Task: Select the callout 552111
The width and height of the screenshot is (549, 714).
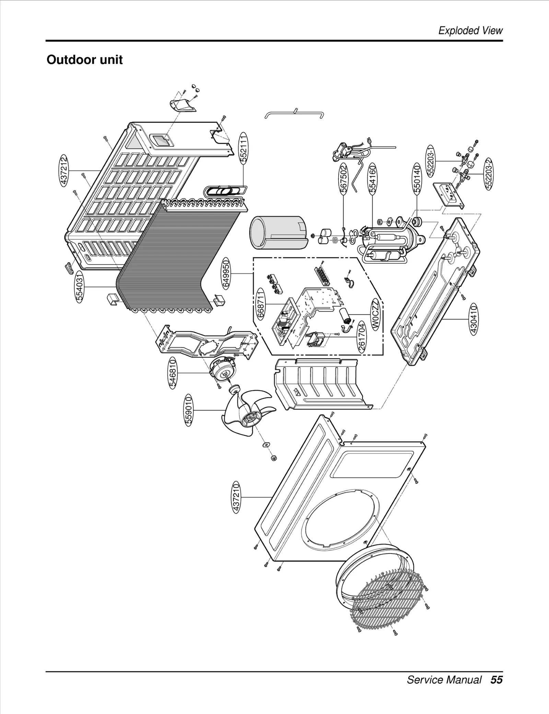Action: [x=243, y=148]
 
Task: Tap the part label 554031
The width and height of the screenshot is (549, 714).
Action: [x=79, y=287]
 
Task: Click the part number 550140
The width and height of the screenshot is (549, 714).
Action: [x=417, y=179]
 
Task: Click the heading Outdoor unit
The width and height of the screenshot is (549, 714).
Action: [x=84, y=60]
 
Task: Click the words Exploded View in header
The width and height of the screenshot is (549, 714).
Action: [x=470, y=31]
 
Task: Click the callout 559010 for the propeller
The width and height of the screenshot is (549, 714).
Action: [x=188, y=410]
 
